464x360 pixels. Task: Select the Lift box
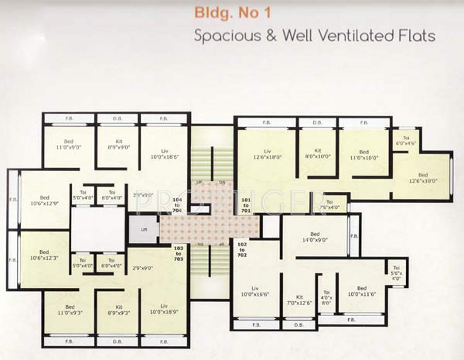click(x=144, y=228)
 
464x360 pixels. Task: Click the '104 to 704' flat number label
click(x=178, y=205)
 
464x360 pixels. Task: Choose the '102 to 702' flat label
click(x=242, y=251)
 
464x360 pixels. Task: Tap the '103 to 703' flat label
click(x=178, y=254)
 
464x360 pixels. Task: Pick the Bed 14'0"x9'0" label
click(x=314, y=237)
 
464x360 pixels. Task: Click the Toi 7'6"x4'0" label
click(x=329, y=205)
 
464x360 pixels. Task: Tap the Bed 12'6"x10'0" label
click(x=423, y=178)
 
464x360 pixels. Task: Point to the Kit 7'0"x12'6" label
click(x=300, y=300)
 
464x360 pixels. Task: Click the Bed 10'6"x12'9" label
click(x=44, y=201)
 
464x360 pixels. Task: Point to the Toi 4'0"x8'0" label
click(x=326, y=297)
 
